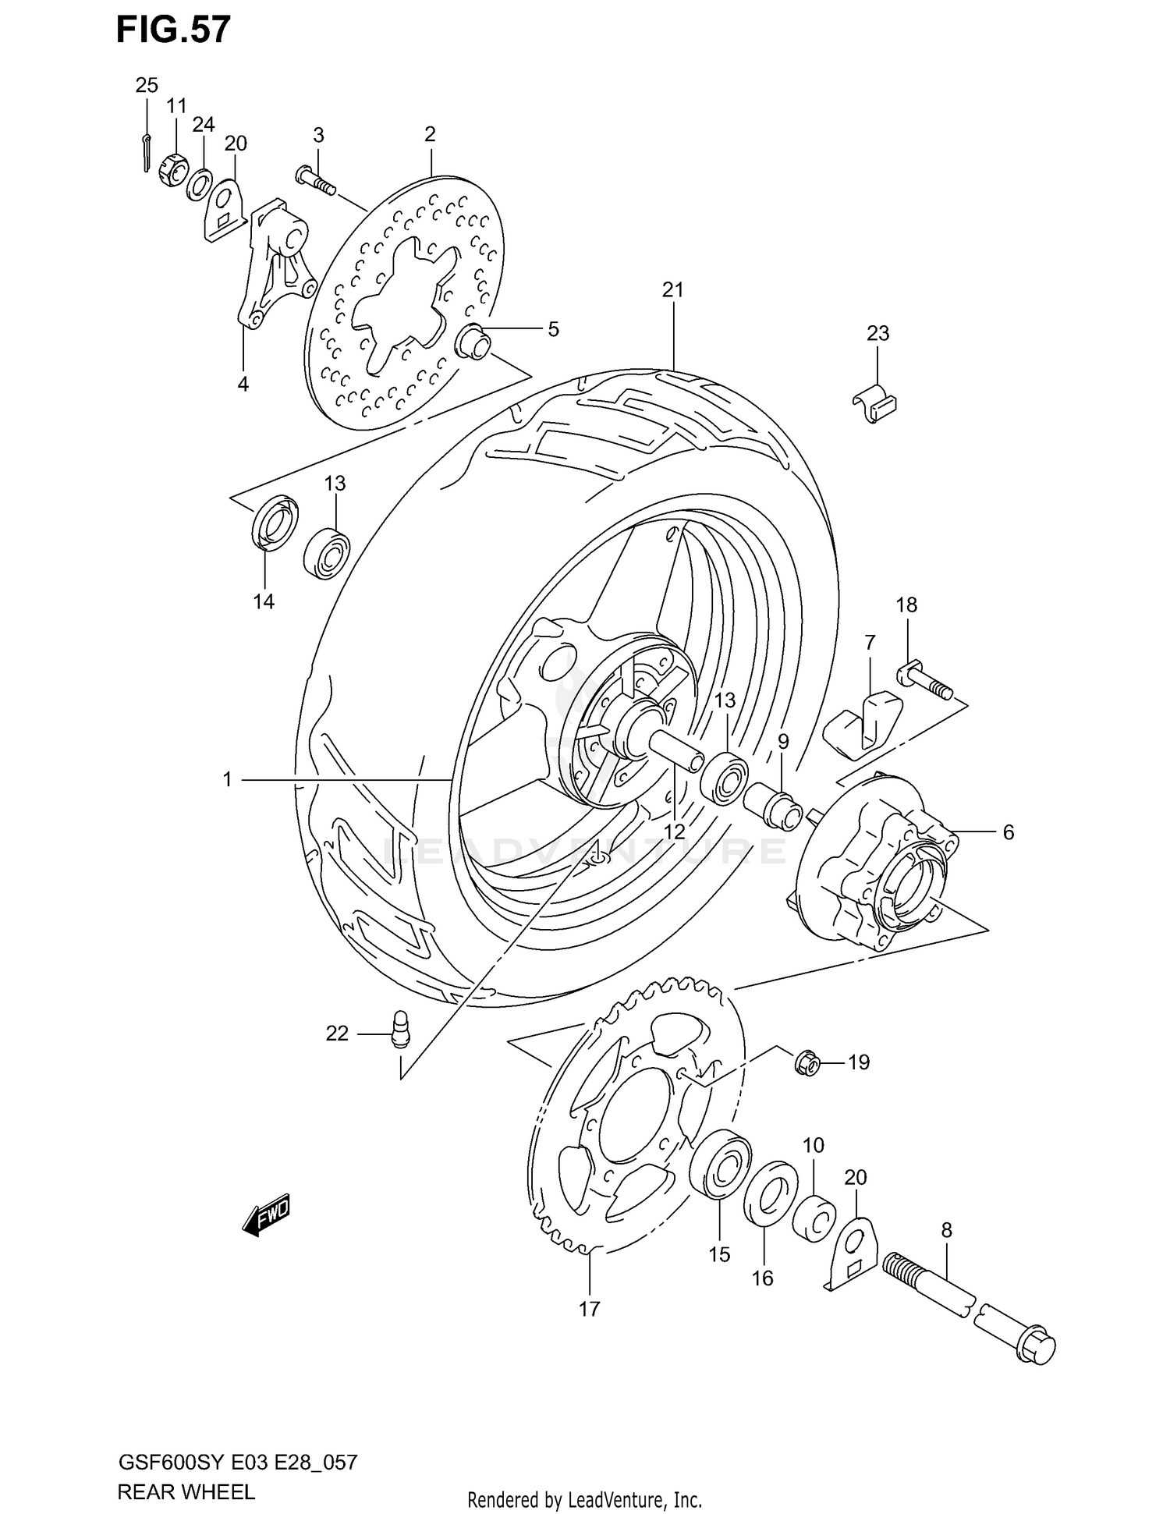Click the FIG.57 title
[x=173, y=30]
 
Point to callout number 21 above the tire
[x=672, y=290]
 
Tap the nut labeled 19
[x=807, y=1062]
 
